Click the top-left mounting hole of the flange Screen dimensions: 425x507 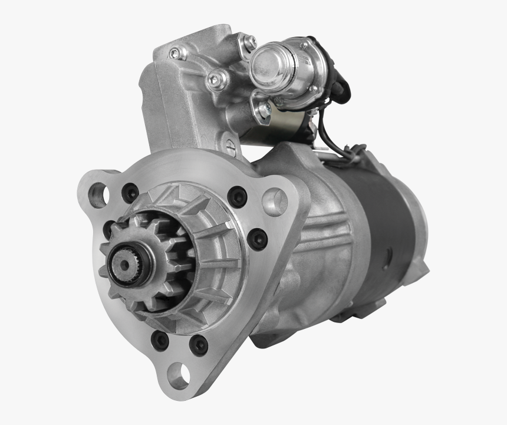pos(98,195)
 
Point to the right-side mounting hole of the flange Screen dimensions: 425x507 pos(274,202)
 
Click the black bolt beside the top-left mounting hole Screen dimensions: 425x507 pos(130,192)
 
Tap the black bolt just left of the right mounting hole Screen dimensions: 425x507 pos(238,197)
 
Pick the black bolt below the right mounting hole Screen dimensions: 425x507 pos(257,239)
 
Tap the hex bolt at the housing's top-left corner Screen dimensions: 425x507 pos(175,53)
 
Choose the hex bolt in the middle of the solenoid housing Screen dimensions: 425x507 pos(218,79)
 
